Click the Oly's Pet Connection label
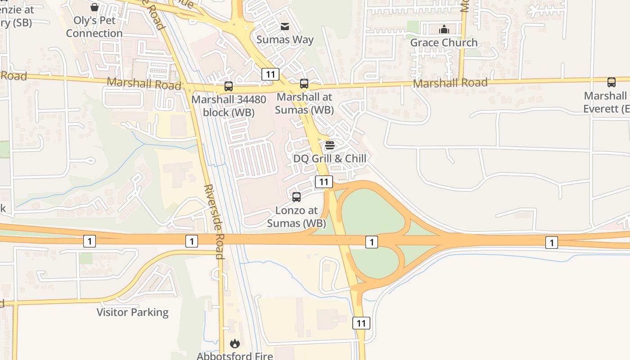click(94, 27)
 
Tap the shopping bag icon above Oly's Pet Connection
click(94, 7)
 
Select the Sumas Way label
click(285, 40)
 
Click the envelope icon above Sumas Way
click(285, 27)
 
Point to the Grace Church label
click(444, 43)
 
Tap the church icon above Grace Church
click(444, 29)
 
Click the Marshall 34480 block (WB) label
click(229, 105)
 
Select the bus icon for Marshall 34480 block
click(229, 86)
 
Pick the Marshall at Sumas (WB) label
click(304, 103)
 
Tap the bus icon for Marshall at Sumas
click(304, 84)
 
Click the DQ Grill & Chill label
click(330, 158)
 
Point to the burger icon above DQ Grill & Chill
click(330, 145)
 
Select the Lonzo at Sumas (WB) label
click(296, 216)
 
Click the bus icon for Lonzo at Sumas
click(297, 197)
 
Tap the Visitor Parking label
click(133, 312)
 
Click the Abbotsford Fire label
click(234, 355)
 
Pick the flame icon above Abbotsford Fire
click(234, 344)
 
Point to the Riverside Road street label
click(213, 221)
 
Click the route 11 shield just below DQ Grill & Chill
click(324, 182)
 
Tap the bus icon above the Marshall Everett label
click(612, 82)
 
